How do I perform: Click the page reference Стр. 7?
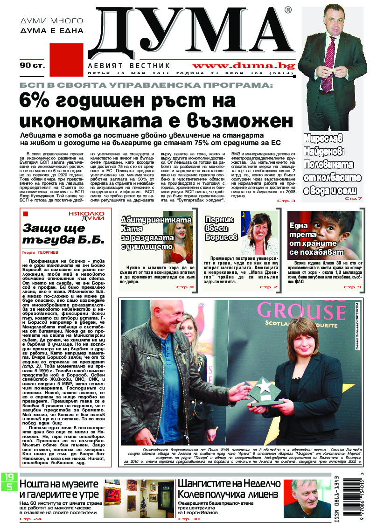pyautogui.click(x=352, y=199)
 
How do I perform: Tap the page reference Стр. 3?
pyautogui.click(x=286, y=200)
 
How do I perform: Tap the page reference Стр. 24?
pyautogui.click(x=30, y=518)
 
